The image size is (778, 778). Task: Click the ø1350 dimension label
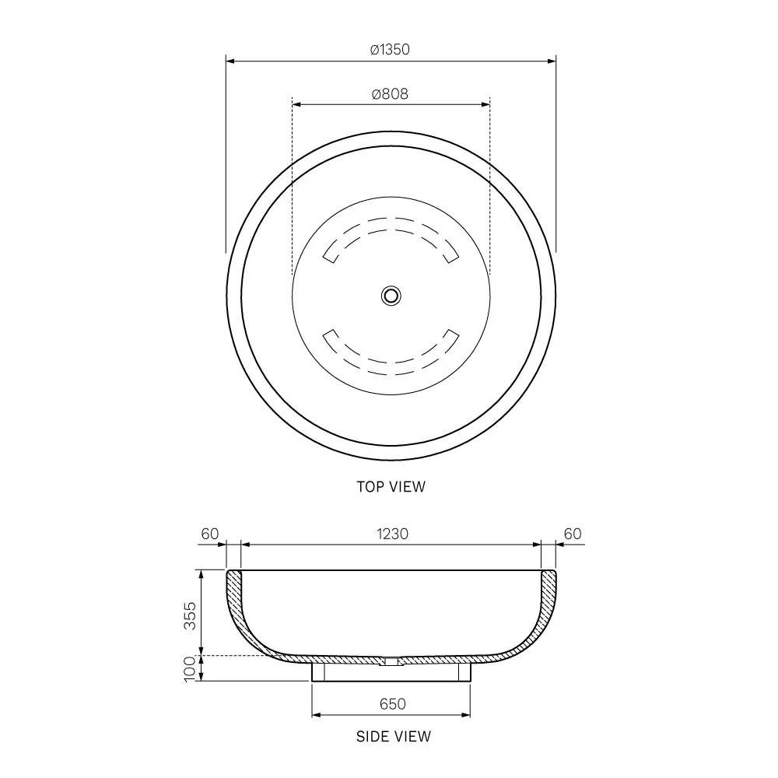click(x=390, y=50)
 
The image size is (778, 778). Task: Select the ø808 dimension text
click(x=390, y=94)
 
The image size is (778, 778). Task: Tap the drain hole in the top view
click(x=391, y=295)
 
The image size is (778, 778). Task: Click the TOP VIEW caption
click(x=391, y=487)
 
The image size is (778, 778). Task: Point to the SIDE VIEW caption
click(x=393, y=736)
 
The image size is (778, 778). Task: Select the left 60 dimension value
click(x=210, y=534)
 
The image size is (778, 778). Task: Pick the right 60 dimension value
click(x=573, y=534)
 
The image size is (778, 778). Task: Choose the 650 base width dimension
click(x=393, y=704)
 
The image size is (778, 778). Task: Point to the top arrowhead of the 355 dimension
click(x=202, y=574)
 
